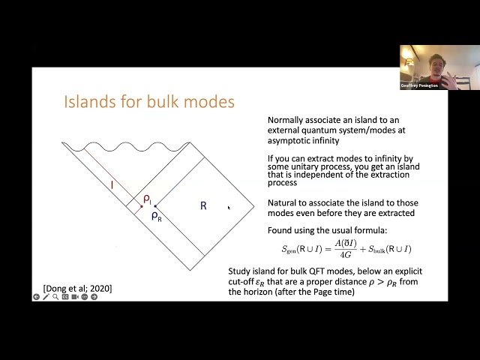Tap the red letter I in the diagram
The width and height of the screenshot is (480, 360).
click(x=112, y=184)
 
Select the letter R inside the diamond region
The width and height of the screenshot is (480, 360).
click(x=202, y=205)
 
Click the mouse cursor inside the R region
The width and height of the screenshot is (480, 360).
click(x=228, y=208)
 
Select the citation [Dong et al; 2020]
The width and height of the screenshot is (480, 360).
click(x=77, y=288)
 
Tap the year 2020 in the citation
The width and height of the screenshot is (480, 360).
click(x=99, y=288)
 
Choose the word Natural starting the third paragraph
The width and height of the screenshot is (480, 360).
click(x=285, y=203)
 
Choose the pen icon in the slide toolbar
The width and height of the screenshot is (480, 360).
click(x=46, y=297)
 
